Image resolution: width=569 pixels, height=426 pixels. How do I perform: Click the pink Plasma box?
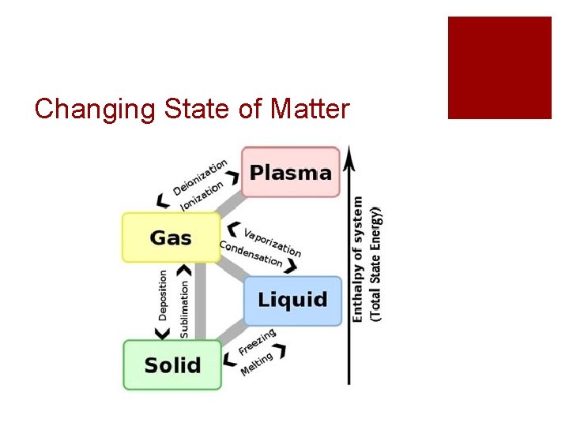click(290, 172)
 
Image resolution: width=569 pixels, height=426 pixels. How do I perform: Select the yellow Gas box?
click(171, 237)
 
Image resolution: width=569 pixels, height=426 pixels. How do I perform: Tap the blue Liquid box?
click(292, 301)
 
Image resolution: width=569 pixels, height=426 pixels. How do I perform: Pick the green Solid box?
click(172, 365)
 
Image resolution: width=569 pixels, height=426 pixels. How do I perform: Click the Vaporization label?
click(272, 241)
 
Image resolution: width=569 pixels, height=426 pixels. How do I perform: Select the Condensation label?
click(251, 253)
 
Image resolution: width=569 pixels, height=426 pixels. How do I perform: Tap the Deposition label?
click(163, 294)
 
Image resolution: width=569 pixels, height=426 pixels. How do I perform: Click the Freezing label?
click(258, 342)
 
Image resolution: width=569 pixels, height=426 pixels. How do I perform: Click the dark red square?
click(499, 68)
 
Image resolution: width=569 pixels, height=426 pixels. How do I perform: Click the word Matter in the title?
click(309, 109)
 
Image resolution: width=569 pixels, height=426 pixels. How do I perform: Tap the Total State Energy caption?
click(377, 263)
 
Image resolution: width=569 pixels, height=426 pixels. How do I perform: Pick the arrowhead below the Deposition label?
click(163, 334)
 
